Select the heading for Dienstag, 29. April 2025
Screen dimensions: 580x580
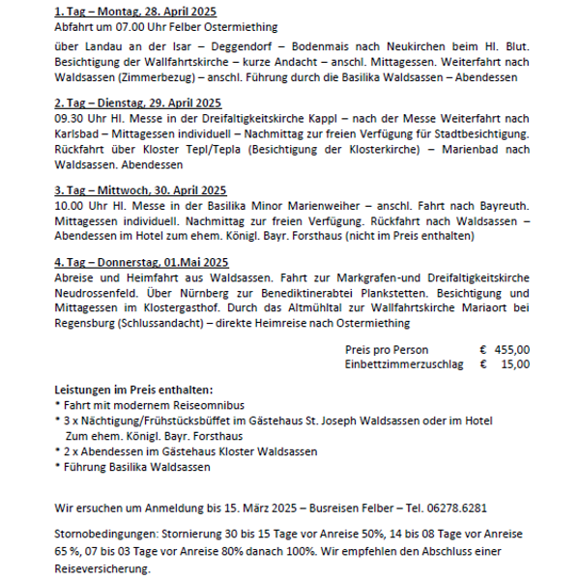tap(138, 102)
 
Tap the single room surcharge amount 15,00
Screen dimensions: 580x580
tap(516, 364)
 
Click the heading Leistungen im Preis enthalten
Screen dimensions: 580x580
tap(133, 389)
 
